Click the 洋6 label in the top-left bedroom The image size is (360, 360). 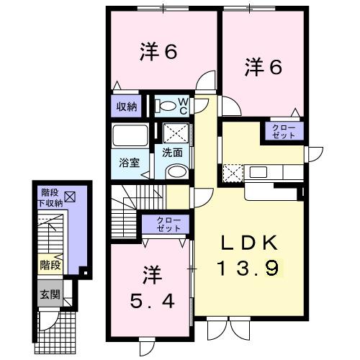tap(158, 52)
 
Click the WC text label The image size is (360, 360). tap(183, 105)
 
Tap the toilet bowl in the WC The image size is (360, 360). tap(166, 107)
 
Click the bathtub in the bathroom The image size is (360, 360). tap(130, 136)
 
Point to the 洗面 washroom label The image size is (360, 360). tap(171, 153)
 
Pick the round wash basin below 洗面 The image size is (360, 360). tap(175, 171)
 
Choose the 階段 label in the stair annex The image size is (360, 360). tap(50, 265)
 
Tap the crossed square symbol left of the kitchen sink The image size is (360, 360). tap(233, 173)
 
